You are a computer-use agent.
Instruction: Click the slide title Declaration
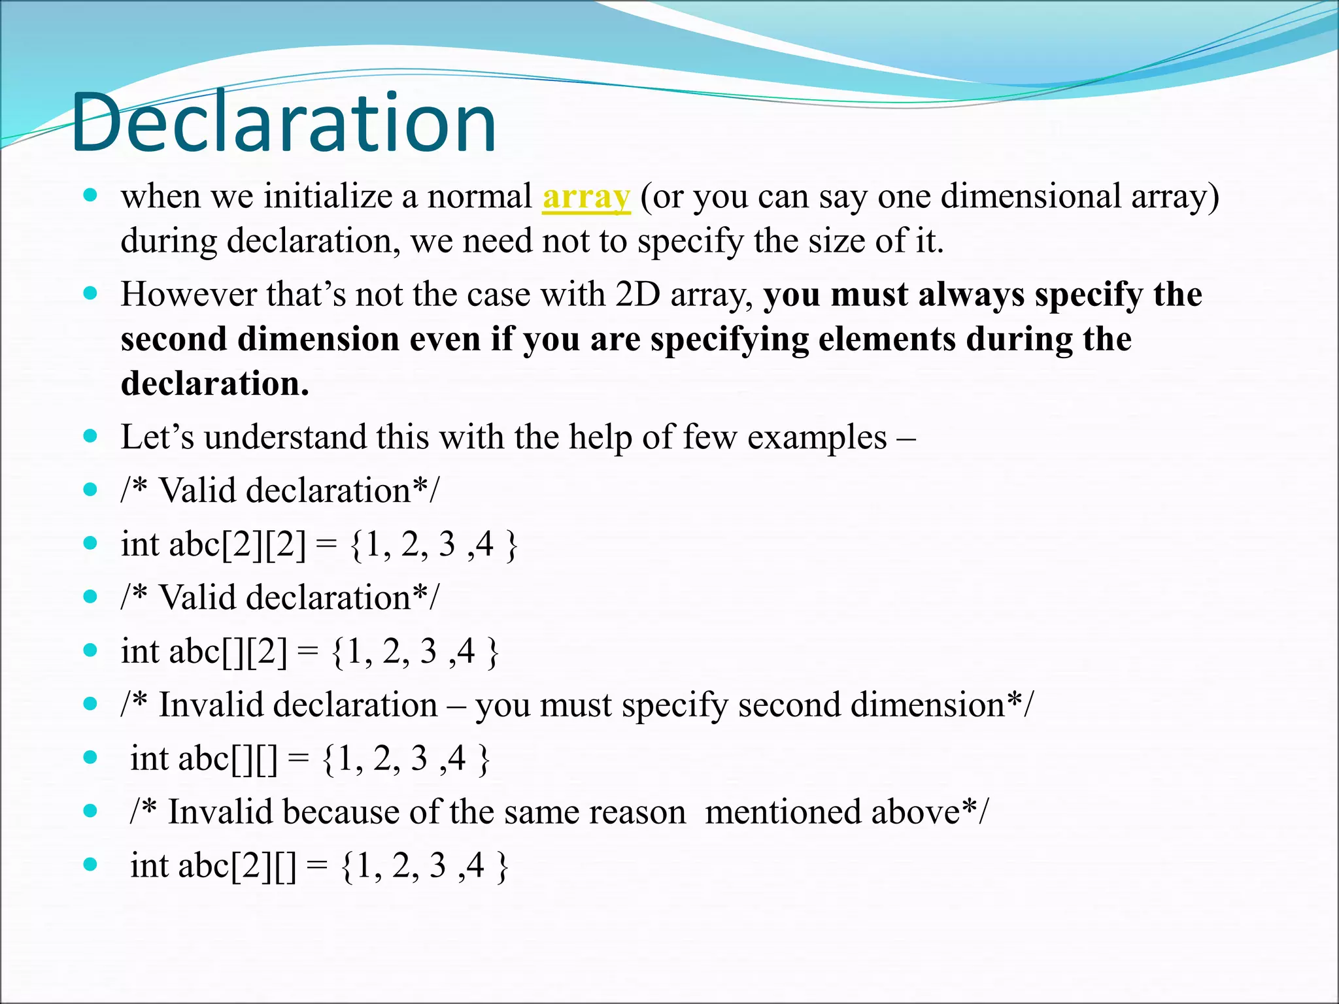click(x=284, y=123)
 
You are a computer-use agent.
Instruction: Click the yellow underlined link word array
click(x=586, y=197)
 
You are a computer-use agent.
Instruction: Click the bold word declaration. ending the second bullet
click(x=214, y=384)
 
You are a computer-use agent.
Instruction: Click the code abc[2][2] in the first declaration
click(x=237, y=544)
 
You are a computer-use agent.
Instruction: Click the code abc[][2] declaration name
click(x=228, y=652)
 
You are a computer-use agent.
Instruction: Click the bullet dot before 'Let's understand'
click(x=91, y=436)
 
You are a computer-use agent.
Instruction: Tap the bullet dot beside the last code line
click(x=91, y=865)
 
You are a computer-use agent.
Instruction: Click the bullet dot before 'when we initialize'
click(x=91, y=195)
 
